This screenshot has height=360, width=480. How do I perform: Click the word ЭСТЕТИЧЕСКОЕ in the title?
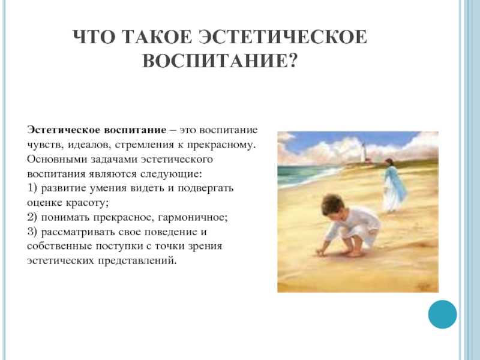[x=283, y=37]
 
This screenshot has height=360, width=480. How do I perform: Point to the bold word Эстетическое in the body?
[x=64, y=130]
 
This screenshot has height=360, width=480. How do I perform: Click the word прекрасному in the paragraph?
[x=221, y=145]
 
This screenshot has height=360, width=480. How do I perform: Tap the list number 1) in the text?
[x=32, y=188]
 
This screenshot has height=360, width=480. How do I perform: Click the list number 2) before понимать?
[x=32, y=217]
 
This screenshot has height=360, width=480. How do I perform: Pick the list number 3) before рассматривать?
[x=32, y=232]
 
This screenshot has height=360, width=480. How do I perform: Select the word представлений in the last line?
[x=137, y=261]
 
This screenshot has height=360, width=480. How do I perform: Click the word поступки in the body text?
[x=119, y=247]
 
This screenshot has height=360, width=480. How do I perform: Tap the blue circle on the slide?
[x=442, y=314]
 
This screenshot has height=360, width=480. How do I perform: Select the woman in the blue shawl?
[x=394, y=186]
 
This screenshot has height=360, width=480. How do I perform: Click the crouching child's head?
[x=333, y=205]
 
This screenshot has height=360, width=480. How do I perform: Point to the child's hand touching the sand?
[x=320, y=252]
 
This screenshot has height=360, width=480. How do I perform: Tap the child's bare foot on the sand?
[x=353, y=253]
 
